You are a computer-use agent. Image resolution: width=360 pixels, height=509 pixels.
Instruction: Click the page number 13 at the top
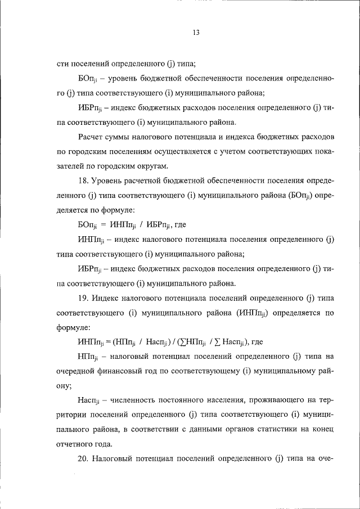pyautogui.click(x=195, y=33)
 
